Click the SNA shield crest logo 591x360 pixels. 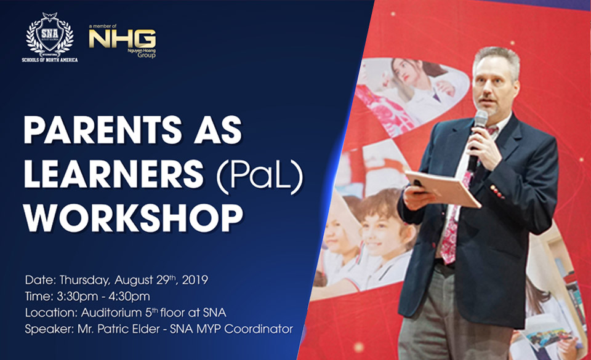click(50, 34)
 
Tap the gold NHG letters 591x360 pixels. click(122, 38)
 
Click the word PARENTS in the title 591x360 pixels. click(103, 130)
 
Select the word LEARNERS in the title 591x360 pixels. click(113, 174)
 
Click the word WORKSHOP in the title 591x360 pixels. click(133, 218)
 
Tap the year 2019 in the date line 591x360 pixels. click(195, 280)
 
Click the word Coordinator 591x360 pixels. click(259, 329)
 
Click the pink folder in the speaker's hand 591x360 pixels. click(443, 188)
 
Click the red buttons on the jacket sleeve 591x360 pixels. click(497, 191)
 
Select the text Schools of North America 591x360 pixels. click(50, 60)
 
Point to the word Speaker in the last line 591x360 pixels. click(49, 329)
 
